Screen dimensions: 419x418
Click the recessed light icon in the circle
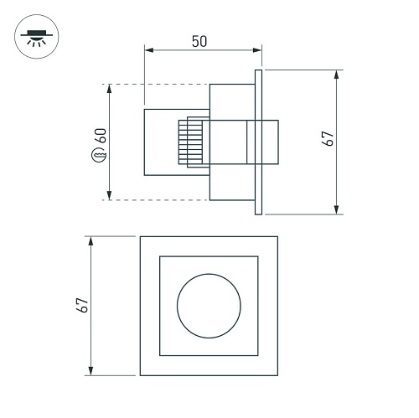pos(37,37)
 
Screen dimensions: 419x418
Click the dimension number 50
pos(199,41)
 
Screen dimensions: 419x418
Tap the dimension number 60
pos(101,136)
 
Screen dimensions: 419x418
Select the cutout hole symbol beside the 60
pos(99,154)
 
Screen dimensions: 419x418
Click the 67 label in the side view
pos(328,138)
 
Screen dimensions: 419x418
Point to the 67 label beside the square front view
pos(82,305)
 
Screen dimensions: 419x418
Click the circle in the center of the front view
pos(209,274)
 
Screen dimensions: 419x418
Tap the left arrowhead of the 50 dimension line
pos(149,50)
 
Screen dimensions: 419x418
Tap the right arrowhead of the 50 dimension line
pos(257,50)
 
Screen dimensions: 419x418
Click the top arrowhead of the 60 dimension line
pos(109,89)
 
